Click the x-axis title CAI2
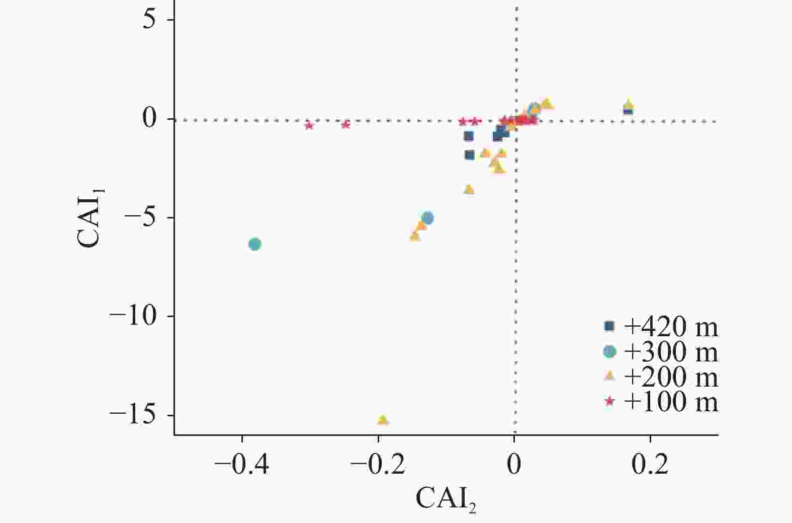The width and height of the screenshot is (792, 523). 446,499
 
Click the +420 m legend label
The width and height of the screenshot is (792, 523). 670,327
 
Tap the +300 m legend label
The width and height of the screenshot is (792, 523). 670,352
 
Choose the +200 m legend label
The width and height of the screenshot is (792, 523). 670,377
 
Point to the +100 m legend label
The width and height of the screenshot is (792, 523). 670,402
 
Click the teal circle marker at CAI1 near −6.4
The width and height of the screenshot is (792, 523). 255,245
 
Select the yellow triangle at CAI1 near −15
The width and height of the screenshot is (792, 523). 383,420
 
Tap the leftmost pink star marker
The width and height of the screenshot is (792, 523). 309,125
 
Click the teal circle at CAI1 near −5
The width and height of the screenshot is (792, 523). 428,218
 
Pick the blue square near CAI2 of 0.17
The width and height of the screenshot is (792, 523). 628,110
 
